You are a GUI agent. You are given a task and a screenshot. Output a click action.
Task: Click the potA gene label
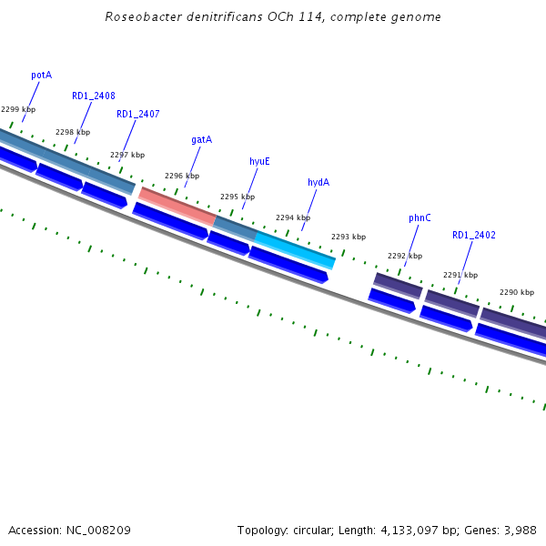[x=41, y=75]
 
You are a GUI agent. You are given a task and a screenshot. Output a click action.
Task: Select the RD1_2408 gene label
[x=94, y=96]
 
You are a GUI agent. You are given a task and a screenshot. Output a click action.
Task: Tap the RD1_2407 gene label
[x=138, y=114]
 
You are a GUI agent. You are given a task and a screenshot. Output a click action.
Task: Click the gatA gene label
[x=201, y=139]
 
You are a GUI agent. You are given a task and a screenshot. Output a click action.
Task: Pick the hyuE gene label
[x=259, y=161]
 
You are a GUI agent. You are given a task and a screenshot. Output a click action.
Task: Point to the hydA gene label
[x=318, y=182]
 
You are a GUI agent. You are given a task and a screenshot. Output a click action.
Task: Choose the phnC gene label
[x=420, y=217]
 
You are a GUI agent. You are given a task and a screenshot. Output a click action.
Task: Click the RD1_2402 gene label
[x=474, y=235]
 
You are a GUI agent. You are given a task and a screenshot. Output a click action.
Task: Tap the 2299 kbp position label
[x=18, y=109]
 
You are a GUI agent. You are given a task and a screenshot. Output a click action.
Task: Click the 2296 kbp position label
[x=182, y=176]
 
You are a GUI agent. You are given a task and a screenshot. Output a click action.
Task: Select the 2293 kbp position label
[x=349, y=237]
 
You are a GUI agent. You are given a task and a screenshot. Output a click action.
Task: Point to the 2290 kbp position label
[x=517, y=292]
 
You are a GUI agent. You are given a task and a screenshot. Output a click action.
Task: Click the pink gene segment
[x=177, y=206]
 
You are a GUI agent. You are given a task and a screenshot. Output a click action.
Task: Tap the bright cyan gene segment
[x=296, y=248]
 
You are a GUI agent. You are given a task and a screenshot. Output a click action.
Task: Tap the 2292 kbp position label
[x=405, y=256]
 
